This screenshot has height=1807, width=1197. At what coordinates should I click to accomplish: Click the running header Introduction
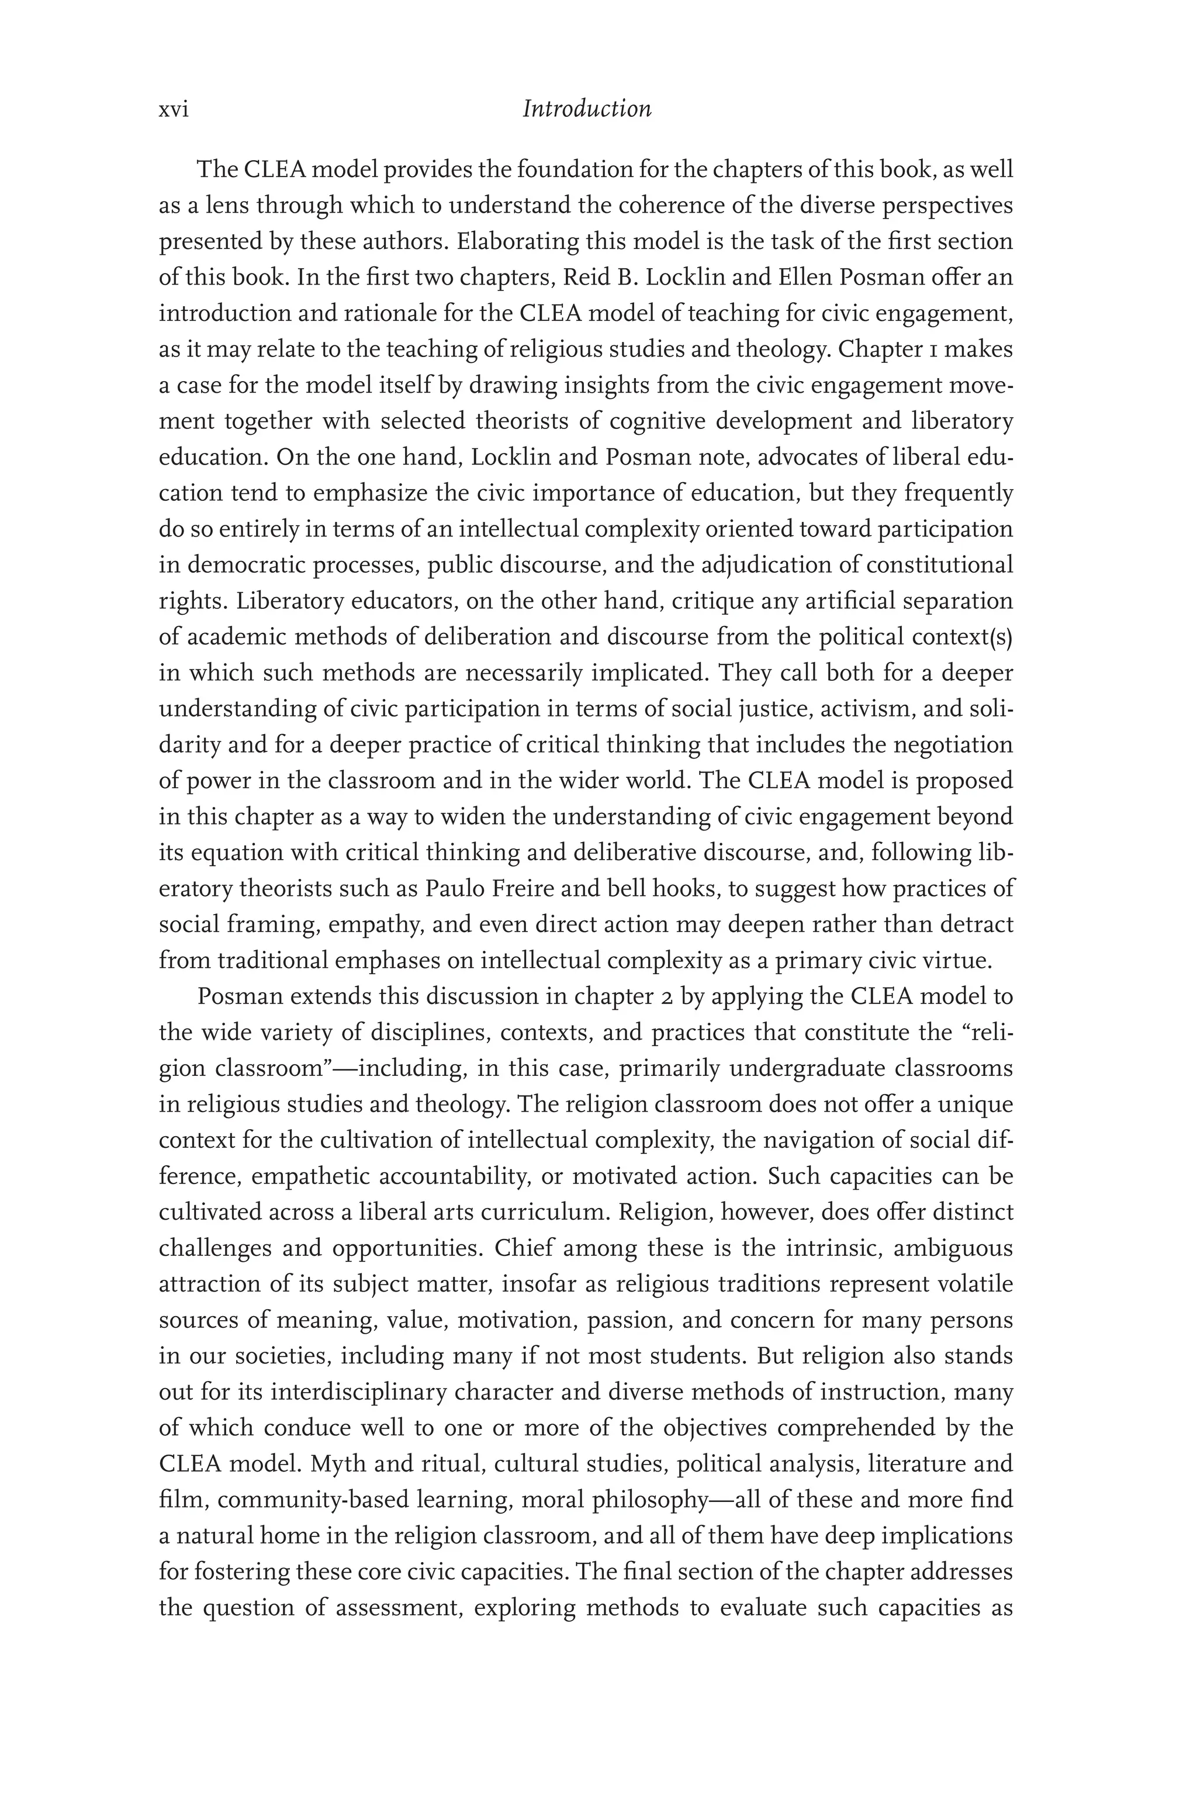(586, 110)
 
